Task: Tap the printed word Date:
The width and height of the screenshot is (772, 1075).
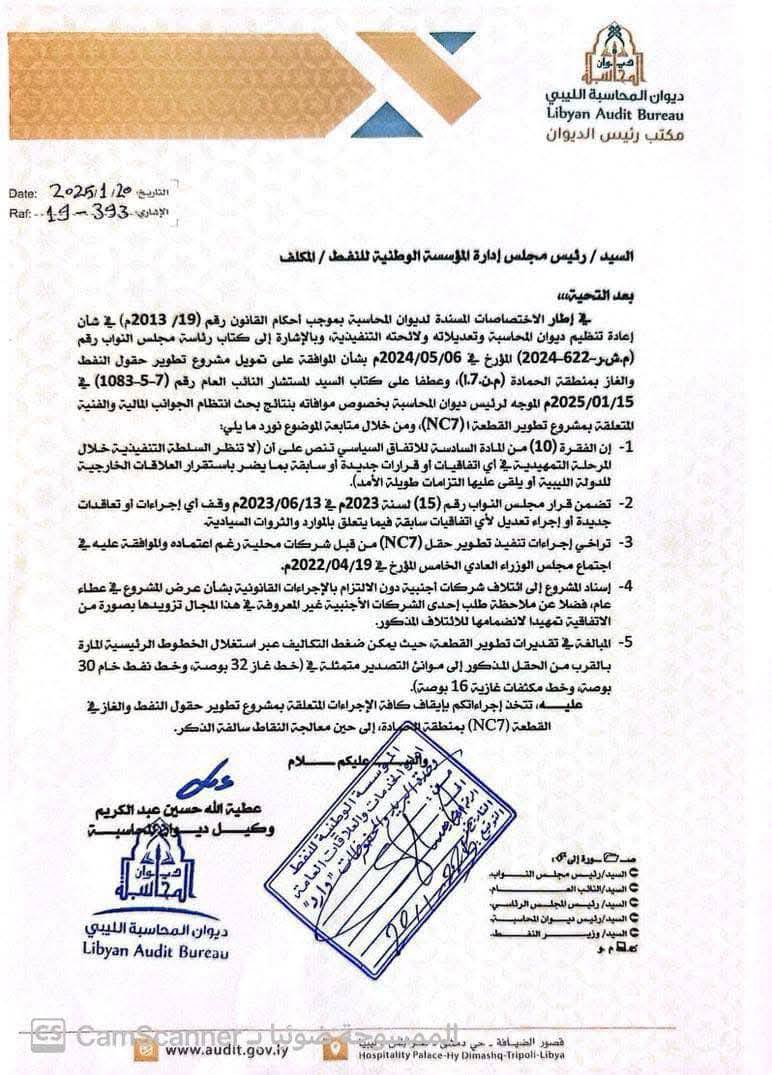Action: tap(21, 192)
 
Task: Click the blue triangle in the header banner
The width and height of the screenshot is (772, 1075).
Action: tap(451, 42)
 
